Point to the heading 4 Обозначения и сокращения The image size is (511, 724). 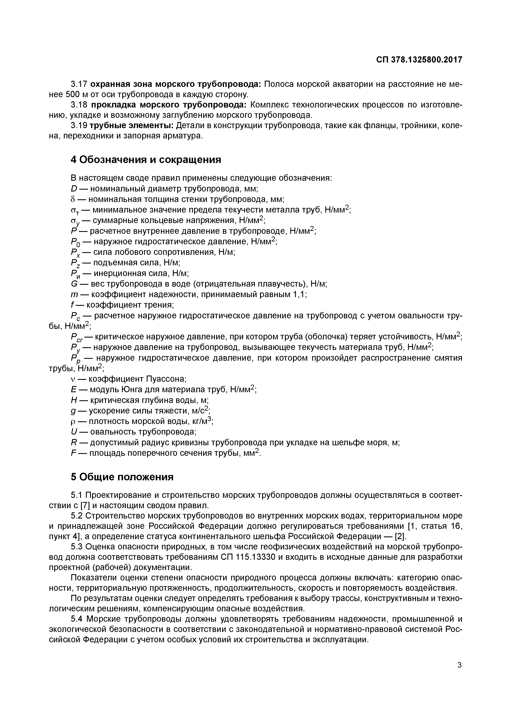tap(146, 160)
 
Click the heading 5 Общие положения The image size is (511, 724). tap(122, 477)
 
